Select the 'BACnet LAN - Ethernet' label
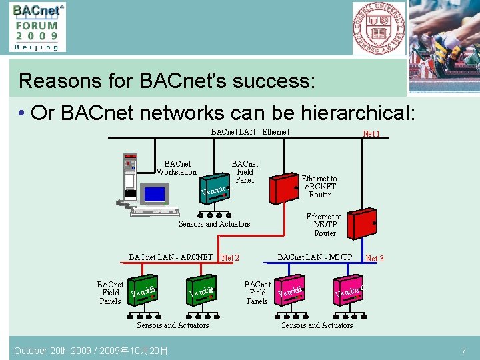(x=250, y=132)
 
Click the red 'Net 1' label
(x=371, y=134)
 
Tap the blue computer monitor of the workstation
(x=156, y=194)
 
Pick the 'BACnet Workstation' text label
(x=177, y=168)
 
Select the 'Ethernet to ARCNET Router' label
(x=319, y=187)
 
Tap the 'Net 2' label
(x=230, y=258)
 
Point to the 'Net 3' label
(x=375, y=258)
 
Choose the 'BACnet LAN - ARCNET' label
(x=171, y=257)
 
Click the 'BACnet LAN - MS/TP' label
(x=315, y=257)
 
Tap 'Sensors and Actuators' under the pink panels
(x=317, y=325)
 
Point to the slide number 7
(x=463, y=351)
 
